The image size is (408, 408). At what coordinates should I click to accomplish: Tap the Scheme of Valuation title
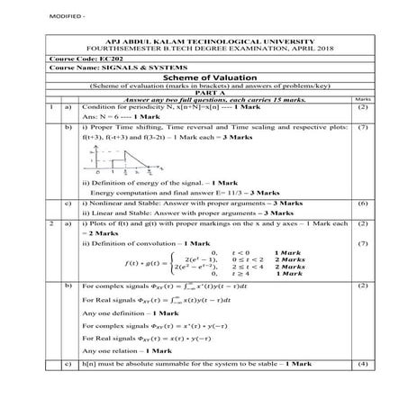(x=204, y=77)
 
